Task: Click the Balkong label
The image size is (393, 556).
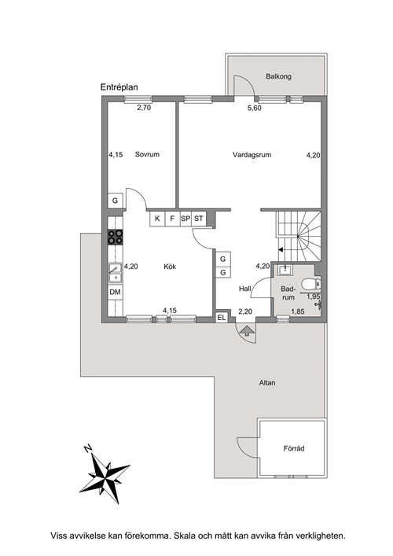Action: [x=278, y=76]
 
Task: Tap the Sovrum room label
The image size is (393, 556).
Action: [x=147, y=155]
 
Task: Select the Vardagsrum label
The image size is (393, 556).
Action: [x=252, y=155]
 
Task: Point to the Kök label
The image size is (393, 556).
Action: [x=170, y=267]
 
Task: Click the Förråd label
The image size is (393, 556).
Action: [x=294, y=448]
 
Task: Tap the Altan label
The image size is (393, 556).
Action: [x=267, y=383]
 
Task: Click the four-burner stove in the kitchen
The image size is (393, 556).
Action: [x=116, y=237]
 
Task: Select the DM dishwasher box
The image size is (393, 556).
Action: [x=116, y=293]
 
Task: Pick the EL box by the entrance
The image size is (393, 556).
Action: [x=222, y=318]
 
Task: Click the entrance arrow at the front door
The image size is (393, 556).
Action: [x=247, y=331]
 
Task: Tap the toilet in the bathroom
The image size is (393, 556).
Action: [x=310, y=285]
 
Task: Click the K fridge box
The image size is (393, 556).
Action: [x=157, y=219]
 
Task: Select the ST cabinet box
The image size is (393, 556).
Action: [x=199, y=219]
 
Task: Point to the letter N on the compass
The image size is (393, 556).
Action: [x=87, y=448]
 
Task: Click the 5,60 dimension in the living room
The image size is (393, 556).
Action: [x=255, y=108]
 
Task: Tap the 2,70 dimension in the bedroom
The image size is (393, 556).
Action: [x=144, y=108]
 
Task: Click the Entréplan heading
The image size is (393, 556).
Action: [x=119, y=87]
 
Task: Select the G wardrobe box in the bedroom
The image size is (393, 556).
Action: [x=116, y=201]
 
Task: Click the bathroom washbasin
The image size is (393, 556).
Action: [x=285, y=270]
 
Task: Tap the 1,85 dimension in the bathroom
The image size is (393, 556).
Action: [x=298, y=311]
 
